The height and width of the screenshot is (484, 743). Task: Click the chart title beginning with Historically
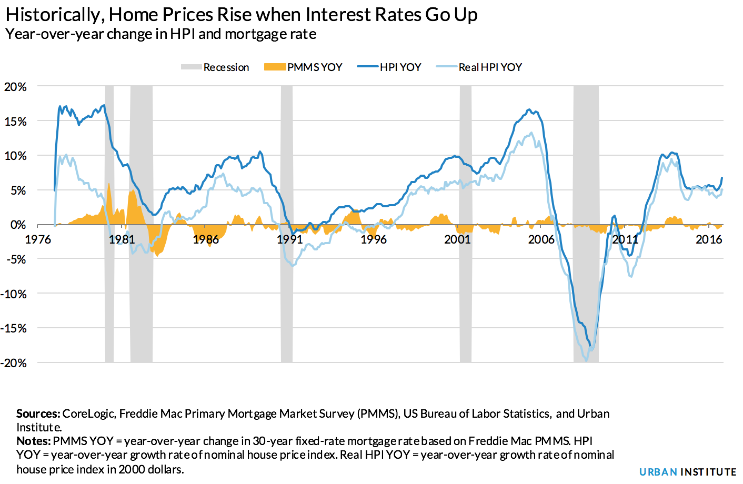point(241,15)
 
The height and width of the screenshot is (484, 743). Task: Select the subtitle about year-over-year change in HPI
point(160,35)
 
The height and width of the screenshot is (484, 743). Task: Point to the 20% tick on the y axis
point(15,87)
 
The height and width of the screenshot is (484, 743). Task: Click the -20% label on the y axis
point(14,363)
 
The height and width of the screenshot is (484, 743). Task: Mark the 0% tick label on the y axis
point(18,225)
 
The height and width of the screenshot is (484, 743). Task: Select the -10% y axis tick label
point(14,294)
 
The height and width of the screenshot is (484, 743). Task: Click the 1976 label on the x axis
point(38,240)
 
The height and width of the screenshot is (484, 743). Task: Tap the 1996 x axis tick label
point(373,240)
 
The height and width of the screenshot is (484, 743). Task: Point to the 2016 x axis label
point(709,240)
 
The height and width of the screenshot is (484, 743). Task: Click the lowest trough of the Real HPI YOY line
point(586,361)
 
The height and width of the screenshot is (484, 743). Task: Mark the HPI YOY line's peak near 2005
point(529,110)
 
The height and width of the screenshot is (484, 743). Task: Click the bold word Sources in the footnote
point(38,414)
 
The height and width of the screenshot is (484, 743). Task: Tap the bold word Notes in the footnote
point(33,441)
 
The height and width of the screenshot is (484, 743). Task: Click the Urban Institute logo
point(687,472)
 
